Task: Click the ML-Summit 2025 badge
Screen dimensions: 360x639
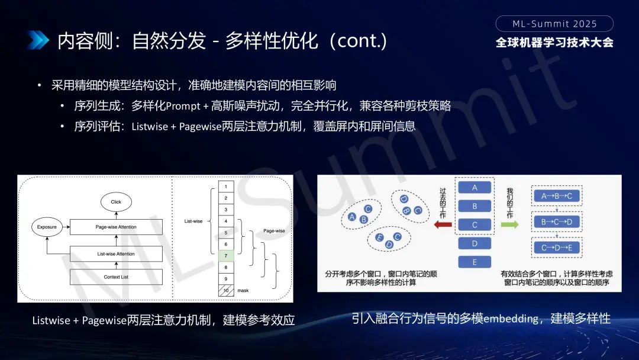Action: point(554,24)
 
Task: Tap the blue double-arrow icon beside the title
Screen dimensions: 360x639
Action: point(38,40)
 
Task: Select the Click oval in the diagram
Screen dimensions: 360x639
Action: point(116,202)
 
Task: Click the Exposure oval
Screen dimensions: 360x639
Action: point(47,227)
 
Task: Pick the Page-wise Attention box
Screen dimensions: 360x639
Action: point(116,227)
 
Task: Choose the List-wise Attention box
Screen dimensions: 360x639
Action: point(116,254)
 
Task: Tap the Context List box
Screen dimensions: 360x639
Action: point(116,277)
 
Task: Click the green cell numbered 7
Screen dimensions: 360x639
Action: point(226,256)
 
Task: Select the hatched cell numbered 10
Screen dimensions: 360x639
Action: point(226,291)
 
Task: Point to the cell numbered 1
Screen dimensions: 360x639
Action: point(226,187)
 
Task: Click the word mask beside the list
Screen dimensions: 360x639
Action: point(243,291)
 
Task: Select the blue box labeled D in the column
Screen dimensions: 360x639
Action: point(475,243)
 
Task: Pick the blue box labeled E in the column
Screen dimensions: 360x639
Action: point(475,262)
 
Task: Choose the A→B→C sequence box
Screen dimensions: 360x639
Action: point(557,196)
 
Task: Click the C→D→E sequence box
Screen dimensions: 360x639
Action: point(557,248)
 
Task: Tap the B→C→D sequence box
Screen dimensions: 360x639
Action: point(557,222)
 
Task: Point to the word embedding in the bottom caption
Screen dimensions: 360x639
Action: point(511,319)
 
